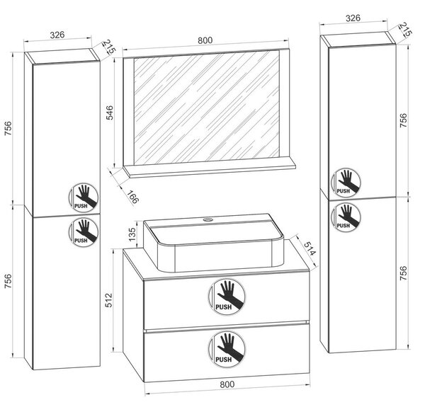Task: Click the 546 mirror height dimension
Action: [x=109, y=113]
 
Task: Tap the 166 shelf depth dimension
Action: [x=132, y=197]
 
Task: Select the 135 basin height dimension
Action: [x=132, y=234]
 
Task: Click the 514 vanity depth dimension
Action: [x=310, y=248]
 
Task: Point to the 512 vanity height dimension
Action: [x=108, y=300]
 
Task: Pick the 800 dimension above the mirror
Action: [x=205, y=40]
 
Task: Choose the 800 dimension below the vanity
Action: [x=227, y=384]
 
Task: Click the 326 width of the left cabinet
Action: [x=57, y=35]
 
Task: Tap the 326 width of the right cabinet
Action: [x=353, y=18]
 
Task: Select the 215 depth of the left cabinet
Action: [x=108, y=47]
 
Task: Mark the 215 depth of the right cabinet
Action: [x=405, y=29]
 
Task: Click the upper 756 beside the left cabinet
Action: [x=8, y=128]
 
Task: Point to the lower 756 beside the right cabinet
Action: [x=403, y=273]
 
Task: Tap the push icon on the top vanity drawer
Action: [x=227, y=297]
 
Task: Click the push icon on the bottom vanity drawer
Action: [x=227, y=349]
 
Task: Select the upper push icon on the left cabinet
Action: [x=84, y=197]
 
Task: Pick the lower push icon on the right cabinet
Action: [x=346, y=217]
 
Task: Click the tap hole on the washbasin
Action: [x=208, y=219]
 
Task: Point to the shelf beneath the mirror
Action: [x=209, y=171]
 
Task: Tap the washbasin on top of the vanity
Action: [x=214, y=242]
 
